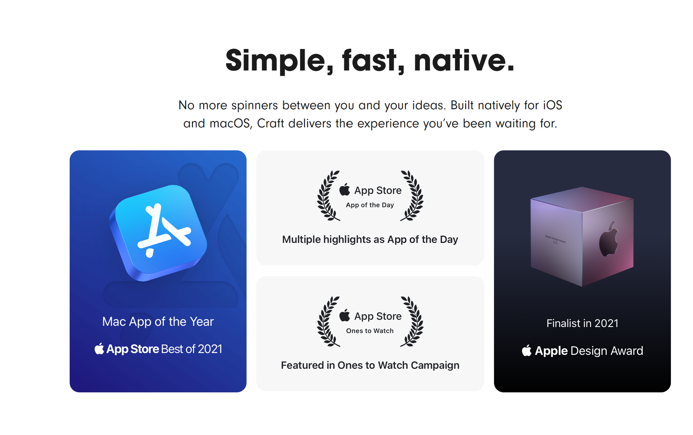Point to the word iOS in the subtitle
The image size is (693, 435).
(x=553, y=105)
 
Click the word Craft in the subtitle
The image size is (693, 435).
(x=270, y=123)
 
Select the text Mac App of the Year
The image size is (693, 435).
(x=158, y=321)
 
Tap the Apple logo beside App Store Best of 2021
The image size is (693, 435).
(x=99, y=348)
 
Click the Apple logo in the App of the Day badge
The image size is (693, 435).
(x=345, y=189)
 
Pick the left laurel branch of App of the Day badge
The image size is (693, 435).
(x=328, y=195)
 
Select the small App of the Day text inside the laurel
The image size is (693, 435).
(x=370, y=205)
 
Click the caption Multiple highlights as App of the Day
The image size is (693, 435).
(x=370, y=240)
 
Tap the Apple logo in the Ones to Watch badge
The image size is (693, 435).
(x=345, y=315)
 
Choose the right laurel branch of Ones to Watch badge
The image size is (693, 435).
(x=412, y=321)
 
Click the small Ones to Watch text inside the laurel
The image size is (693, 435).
(x=370, y=331)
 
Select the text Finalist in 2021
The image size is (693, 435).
(x=582, y=323)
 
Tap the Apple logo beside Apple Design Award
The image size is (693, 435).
(x=527, y=350)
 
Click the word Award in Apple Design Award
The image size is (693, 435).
(x=627, y=351)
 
